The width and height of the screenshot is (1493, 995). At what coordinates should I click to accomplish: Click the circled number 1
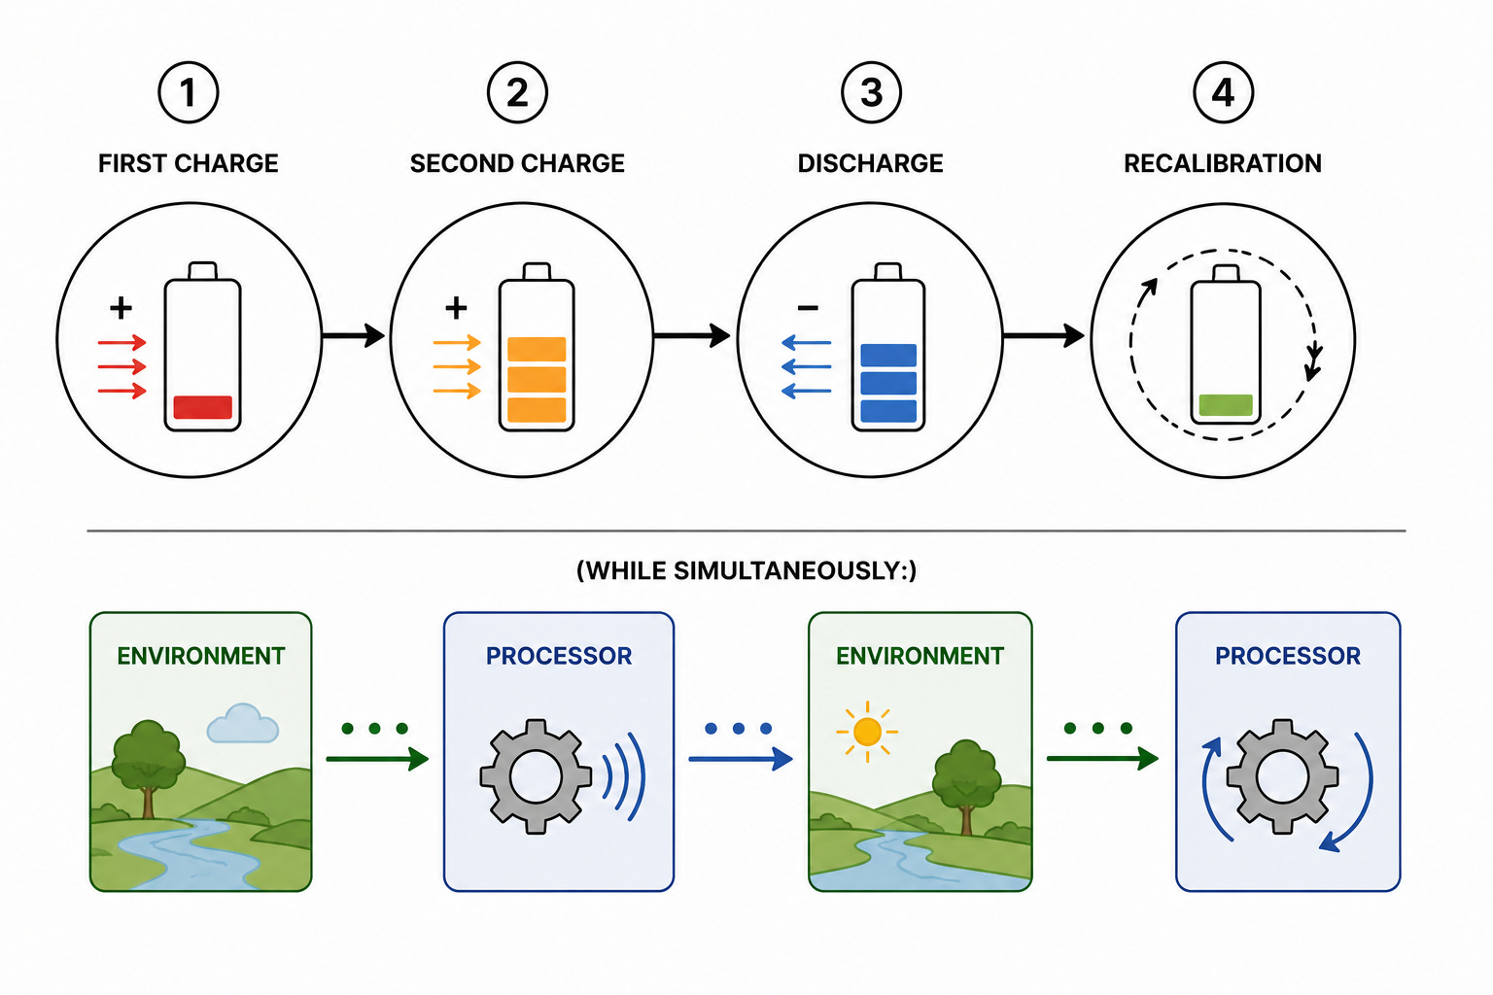tap(188, 92)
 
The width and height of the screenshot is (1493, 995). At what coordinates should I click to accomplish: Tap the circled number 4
tap(1223, 92)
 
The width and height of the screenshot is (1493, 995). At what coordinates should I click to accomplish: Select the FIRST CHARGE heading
tap(188, 163)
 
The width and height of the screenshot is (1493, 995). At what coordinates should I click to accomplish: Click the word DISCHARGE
tap(871, 163)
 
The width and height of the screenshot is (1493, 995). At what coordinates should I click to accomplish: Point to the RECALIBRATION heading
tap(1223, 163)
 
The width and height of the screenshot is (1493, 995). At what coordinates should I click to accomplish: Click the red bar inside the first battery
tap(202, 407)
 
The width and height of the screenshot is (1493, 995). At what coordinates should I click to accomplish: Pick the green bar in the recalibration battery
tap(1226, 405)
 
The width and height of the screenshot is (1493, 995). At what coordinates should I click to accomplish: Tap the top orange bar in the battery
tap(537, 349)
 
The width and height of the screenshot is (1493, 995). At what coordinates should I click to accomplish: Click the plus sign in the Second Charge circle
tap(456, 308)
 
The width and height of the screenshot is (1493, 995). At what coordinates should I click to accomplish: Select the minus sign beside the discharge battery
tap(808, 307)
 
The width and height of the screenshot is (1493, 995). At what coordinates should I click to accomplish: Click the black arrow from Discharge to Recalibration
tap(1044, 335)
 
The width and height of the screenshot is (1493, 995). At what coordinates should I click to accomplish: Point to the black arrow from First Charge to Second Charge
tap(353, 335)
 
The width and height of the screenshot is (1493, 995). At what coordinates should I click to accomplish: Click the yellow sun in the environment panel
tap(867, 732)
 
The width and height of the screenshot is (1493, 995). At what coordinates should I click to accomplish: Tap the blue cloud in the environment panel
tap(243, 724)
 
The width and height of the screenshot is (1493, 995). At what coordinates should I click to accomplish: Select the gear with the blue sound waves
tap(536, 776)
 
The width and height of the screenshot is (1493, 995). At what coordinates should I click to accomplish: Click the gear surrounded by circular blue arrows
tap(1282, 776)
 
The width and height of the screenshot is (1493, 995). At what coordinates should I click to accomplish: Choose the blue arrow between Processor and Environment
tap(741, 759)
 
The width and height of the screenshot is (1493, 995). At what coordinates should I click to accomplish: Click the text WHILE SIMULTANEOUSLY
tap(746, 571)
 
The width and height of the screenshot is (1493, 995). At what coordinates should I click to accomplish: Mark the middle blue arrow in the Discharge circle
tap(806, 366)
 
